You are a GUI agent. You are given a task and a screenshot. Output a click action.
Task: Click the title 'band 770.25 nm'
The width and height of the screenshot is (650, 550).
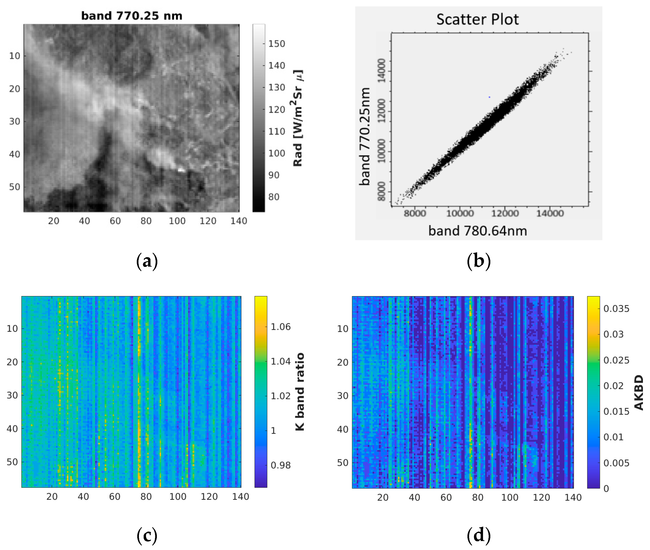click(132, 16)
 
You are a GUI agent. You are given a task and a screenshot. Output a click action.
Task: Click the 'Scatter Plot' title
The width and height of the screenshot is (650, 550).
click(477, 19)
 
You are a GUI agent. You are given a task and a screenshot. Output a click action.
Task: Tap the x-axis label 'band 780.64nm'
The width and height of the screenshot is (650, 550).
click(477, 231)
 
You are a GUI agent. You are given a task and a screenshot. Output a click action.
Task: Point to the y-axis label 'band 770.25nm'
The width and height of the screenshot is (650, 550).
click(365, 137)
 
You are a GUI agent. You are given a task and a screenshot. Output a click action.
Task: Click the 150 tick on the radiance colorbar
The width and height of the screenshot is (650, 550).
click(277, 44)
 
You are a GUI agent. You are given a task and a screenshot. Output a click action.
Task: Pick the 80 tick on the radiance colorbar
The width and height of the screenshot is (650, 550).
click(274, 197)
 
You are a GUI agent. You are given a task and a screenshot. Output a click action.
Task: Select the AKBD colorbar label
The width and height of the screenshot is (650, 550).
click(639, 392)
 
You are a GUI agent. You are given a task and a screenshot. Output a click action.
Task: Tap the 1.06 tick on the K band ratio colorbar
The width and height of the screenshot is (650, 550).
click(280, 327)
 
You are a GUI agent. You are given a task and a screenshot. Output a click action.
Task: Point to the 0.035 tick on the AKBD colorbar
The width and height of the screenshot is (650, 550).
click(616, 309)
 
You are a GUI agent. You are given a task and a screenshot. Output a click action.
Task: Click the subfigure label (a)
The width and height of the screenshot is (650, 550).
click(147, 261)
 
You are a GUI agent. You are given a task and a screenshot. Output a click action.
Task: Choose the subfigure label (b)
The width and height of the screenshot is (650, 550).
click(479, 261)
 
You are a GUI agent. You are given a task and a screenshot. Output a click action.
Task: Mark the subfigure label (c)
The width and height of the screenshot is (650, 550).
click(147, 535)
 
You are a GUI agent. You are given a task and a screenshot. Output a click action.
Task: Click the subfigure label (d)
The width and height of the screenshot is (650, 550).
click(479, 535)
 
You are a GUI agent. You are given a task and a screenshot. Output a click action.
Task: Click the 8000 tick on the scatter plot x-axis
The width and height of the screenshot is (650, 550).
click(415, 214)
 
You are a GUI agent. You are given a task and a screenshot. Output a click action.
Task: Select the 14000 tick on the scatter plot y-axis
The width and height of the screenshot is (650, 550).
click(381, 71)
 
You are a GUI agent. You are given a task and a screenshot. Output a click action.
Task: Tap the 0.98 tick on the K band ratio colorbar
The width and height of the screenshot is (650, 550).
click(280, 465)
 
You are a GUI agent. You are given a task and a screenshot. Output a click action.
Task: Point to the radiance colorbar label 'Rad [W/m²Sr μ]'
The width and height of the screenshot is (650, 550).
click(298, 118)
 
